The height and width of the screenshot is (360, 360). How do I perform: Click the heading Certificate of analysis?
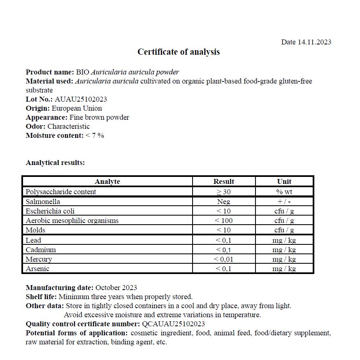(179, 52)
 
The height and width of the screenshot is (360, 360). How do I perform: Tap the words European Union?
(77, 108)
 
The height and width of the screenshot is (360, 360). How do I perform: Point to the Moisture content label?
(55, 135)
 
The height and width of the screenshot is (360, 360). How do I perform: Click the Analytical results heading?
(55, 163)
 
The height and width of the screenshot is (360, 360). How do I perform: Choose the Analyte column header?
(107, 181)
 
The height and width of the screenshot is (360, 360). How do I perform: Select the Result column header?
(224, 181)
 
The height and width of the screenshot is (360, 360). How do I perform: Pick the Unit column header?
(284, 181)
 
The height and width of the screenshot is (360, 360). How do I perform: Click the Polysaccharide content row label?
(61, 192)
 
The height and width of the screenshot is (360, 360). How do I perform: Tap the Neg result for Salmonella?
(224, 202)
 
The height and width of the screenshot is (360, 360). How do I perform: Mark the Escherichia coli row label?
(50, 211)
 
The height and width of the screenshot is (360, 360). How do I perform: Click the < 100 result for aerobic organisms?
(224, 221)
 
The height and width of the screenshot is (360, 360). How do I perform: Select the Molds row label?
(35, 230)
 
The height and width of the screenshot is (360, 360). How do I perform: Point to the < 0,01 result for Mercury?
(224, 259)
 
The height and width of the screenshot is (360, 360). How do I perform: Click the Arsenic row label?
(37, 269)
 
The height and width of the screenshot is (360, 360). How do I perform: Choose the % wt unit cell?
(284, 192)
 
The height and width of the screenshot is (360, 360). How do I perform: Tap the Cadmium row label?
(41, 250)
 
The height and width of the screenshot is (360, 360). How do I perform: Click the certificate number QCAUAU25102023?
(174, 324)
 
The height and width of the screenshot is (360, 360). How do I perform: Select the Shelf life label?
(42, 297)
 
